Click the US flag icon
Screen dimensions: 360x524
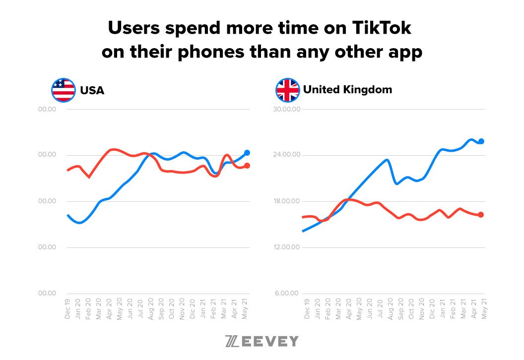(63, 90)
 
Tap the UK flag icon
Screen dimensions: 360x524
(288, 90)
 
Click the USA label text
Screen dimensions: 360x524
(92, 91)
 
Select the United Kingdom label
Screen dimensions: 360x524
(347, 90)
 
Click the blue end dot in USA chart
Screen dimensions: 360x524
(247, 153)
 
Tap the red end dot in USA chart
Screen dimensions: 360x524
(247, 166)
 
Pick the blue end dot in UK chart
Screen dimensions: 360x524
(481, 141)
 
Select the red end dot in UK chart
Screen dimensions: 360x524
(481, 215)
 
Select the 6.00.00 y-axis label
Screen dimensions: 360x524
(288, 294)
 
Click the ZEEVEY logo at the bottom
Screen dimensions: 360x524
(262, 341)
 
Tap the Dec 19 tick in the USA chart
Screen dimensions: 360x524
(68, 309)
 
